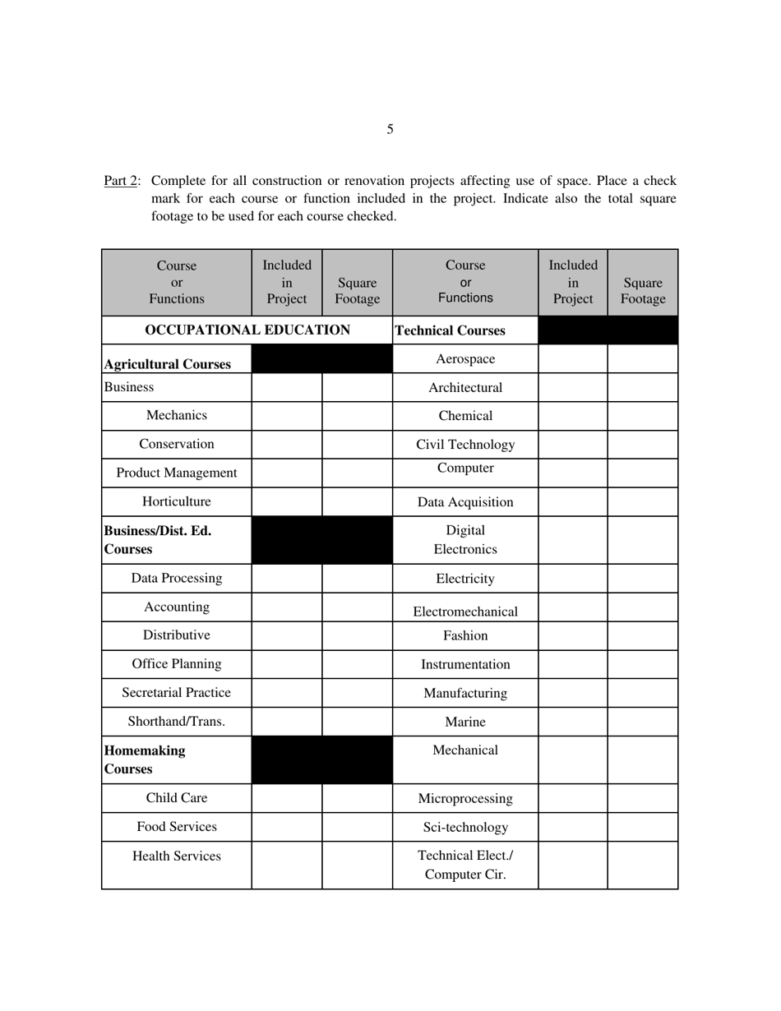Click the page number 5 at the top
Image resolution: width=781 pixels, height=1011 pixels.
pos(390,129)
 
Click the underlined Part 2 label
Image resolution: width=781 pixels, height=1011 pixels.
pos(120,181)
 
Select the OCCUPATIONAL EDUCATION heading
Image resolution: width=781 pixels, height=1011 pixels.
pos(247,330)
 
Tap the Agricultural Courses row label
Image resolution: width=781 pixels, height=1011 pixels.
pos(167,364)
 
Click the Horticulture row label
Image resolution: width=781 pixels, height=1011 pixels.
pos(176,501)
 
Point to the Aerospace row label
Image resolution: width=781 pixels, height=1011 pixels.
pos(465,359)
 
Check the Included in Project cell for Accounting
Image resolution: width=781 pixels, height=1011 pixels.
pos(287,607)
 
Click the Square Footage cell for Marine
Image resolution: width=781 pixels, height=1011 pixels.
pos(643,722)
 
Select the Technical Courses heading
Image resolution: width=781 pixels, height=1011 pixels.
pos(451,330)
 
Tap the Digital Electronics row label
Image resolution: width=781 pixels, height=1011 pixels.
pos(465,539)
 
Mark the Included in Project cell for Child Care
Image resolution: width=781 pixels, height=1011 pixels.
pos(287,798)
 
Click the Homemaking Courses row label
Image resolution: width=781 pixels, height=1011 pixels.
pos(144,759)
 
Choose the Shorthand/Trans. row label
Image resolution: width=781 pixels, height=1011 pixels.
pos(176,722)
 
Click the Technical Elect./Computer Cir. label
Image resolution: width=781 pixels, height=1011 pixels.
pos(465,865)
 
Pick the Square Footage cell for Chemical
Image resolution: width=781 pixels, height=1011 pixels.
pos(643,416)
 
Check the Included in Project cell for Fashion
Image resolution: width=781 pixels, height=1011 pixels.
pos(573,635)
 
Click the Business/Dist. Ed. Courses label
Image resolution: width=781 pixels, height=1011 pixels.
pos(157,539)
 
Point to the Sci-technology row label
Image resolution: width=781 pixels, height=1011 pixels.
pos(465,827)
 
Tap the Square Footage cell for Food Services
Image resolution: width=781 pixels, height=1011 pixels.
pos(357,827)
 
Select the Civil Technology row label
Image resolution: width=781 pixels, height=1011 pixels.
pos(465,445)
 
